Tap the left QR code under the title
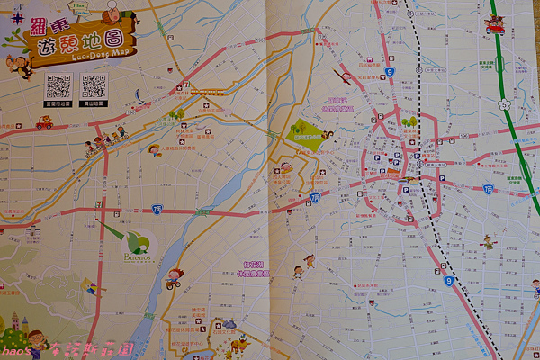pos(58,86)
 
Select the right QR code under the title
pos(94,86)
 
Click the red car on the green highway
pos(495,25)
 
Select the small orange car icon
pos(44,124)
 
